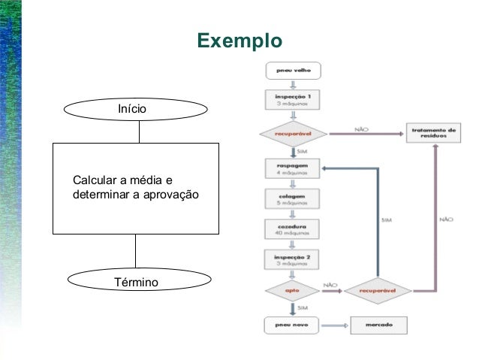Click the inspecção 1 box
click(294, 100)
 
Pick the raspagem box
click(294, 166)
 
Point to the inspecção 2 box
click(294, 260)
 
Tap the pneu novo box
click(294, 325)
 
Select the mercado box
click(378, 325)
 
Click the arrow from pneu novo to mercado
click(336, 325)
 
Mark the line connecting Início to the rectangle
click(140, 132)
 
